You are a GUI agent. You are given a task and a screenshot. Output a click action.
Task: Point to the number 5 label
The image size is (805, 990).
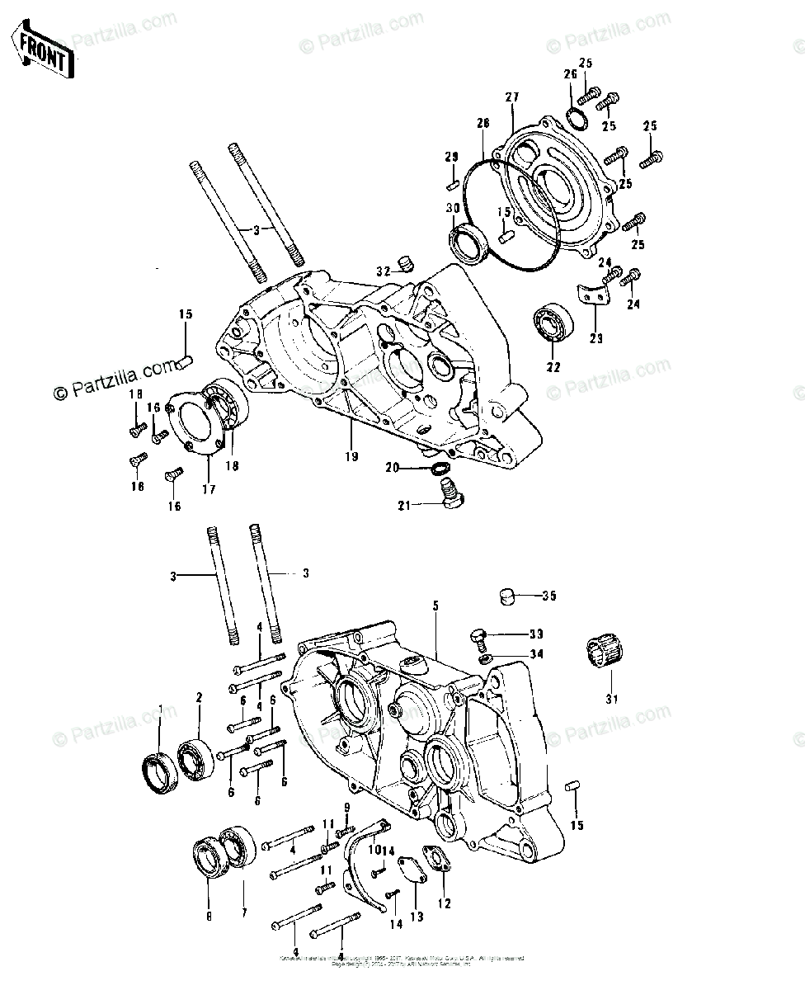pos(435,606)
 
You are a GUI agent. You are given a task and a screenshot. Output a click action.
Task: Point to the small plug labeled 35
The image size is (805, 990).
pos(511,596)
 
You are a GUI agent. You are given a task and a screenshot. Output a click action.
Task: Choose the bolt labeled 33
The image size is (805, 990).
pos(478,636)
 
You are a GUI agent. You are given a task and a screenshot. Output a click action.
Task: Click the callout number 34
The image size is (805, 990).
pos(537,655)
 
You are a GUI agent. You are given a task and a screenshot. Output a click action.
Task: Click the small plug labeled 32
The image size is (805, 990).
pos(405,264)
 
